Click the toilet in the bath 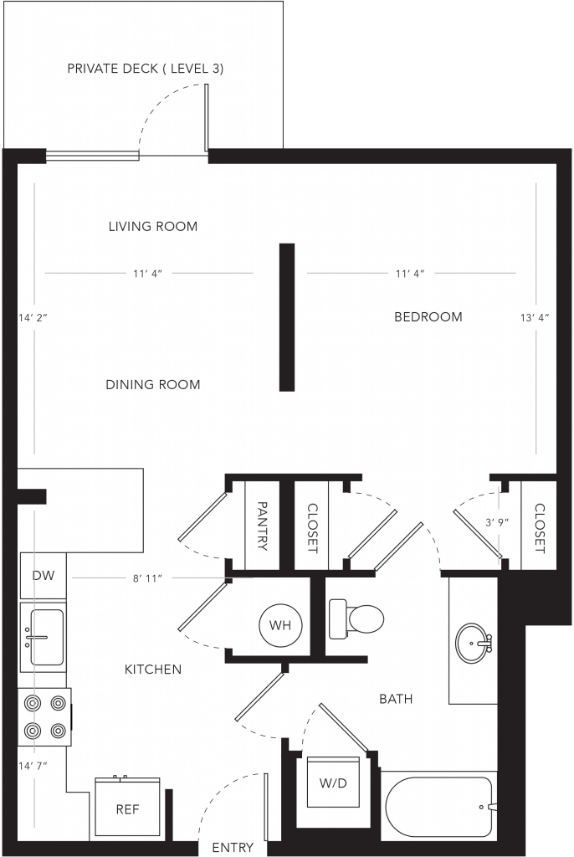pos(356,619)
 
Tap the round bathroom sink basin pos(474,643)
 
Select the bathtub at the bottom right pos(439,808)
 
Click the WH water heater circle pos(280,625)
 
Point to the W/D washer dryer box pos(333,783)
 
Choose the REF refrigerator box pos(127,808)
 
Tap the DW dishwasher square pos(44,575)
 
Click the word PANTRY pos(262,526)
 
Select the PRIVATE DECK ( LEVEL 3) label pos(146,69)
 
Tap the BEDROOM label pos(428,316)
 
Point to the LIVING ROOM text pos(153,226)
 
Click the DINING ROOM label pos(153,385)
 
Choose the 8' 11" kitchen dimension pos(147,578)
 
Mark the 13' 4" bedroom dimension pos(535,317)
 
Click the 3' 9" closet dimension pos(497,522)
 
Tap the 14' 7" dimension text pos(33,767)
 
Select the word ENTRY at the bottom pos(233,848)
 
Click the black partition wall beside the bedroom pos(287,317)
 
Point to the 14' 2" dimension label pos(33,317)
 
